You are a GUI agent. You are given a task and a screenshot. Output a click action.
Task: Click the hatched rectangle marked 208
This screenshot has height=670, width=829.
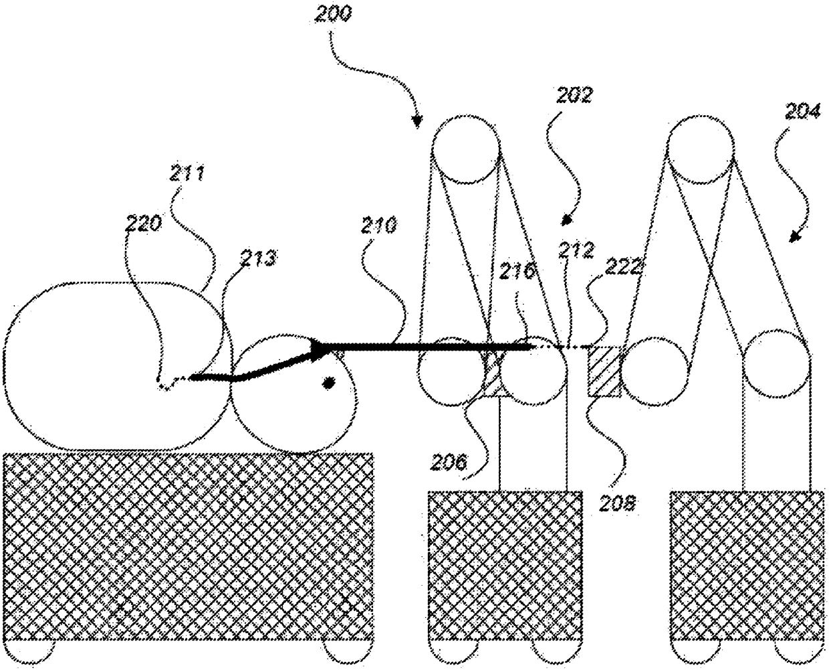click(604, 372)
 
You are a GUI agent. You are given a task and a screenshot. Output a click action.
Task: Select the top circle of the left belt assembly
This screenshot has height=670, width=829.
click(465, 147)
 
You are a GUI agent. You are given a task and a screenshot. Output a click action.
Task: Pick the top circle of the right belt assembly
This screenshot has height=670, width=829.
click(701, 147)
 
